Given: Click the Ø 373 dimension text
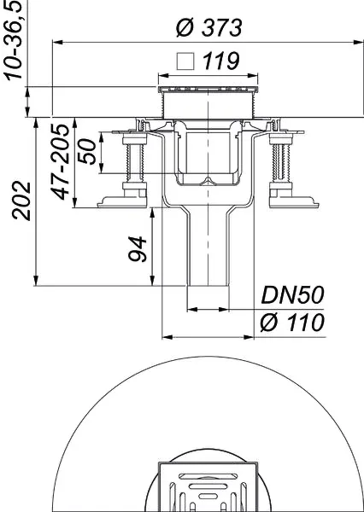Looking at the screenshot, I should coord(208,27).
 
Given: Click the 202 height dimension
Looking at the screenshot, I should coord(23,201).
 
